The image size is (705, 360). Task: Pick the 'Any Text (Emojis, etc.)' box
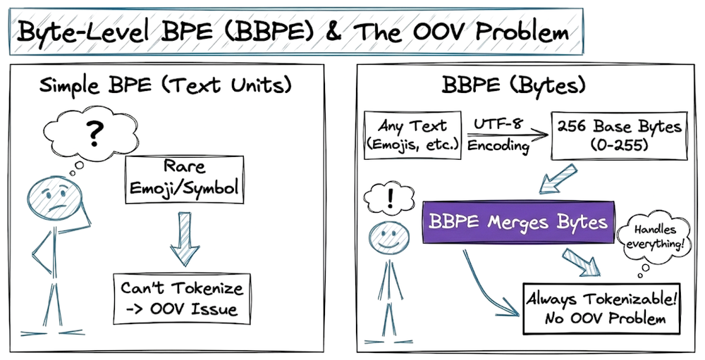412,135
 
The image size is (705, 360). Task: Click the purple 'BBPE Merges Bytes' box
517,223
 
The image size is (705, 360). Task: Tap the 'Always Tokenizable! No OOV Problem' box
601,308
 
